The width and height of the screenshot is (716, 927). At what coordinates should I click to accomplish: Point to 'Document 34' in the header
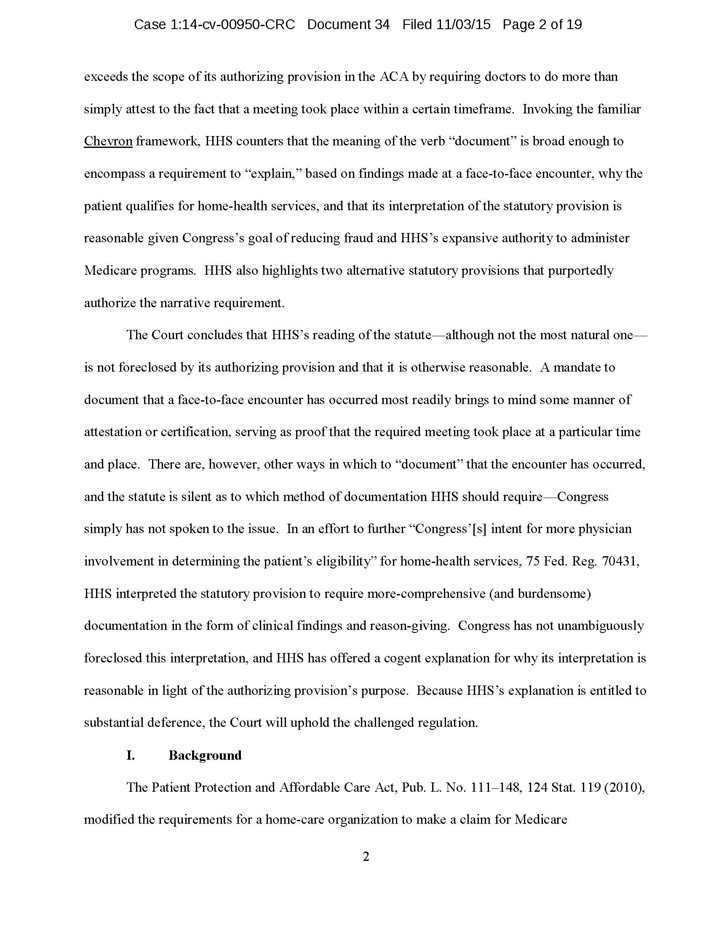348,24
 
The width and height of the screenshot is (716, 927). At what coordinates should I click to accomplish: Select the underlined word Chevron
108,141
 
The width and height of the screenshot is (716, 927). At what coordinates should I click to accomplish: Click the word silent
197,497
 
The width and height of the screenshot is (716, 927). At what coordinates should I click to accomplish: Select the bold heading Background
205,755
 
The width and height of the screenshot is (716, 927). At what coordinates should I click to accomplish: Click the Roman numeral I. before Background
131,755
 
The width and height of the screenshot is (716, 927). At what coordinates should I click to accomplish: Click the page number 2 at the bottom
366,857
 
